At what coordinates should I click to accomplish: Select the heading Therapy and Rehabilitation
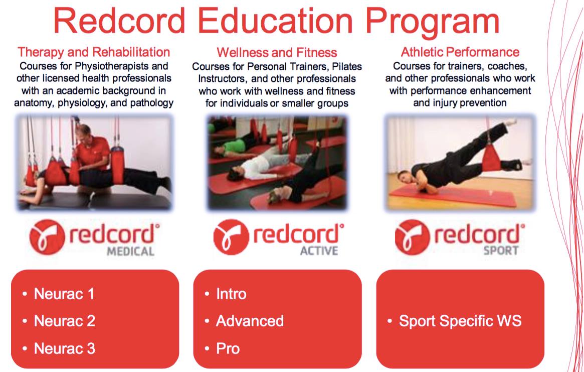pyautogui.click(x=94, y=52)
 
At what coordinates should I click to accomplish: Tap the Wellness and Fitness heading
pyautogui.click(x=277, y=52)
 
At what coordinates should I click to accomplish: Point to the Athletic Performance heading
pyautogui.click(x=460, y=52)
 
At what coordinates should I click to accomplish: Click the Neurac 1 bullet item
pyautogui.click(x=64, y=294)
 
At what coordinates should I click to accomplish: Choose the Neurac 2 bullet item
pyautogui.click(x=65, y=321)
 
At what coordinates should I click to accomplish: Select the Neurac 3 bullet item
pyautogui.click(x=65, y=349)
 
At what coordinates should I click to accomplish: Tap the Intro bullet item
pyautogui.click(x=231, y=294)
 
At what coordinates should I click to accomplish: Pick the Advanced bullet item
pyautogui.click(x=250, y=321)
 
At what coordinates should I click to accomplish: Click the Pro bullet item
pyautogui.click(x=228, y=349)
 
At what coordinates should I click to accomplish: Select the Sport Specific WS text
pyautogui.click(x=460, y=321)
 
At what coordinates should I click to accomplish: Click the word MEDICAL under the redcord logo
pyautogui.click(x=131, y=251)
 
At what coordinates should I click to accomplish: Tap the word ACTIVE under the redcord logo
pyautogui.click(x=319, y=251)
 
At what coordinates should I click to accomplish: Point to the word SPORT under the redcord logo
pyautogui.click(x=501, y=251)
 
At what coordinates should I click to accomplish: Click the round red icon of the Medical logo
pyautogui.click(x=47, y=237)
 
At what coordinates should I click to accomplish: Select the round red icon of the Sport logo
pyautogui.click(x=413, y=237)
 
